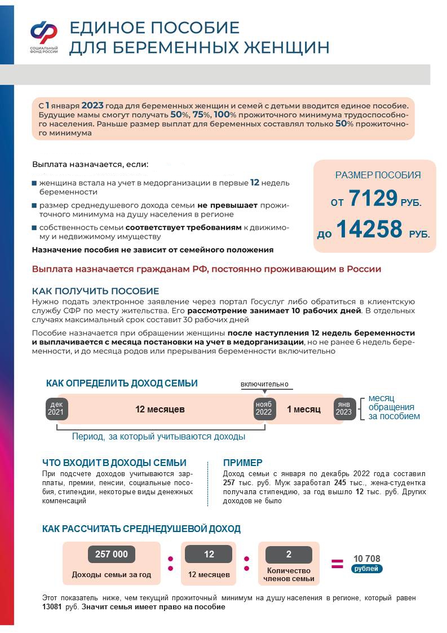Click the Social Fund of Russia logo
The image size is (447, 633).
[43, 35]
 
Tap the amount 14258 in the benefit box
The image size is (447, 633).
[369, 229]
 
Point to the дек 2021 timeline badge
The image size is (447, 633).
[56, 408]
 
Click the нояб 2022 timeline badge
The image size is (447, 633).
[263, 408]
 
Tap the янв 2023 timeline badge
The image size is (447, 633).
[344, 408]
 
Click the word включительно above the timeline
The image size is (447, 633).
[264, 384]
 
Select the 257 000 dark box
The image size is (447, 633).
[112, 555]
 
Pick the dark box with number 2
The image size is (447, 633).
[289, 555]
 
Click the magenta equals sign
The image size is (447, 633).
[337, 563]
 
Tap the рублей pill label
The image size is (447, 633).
[366, 569]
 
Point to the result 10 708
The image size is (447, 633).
[366, 559]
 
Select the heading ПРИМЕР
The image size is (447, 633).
[242, 463]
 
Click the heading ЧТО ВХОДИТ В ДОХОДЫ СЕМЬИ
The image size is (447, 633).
[114, 463]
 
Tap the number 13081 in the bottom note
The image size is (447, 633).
[52, 607]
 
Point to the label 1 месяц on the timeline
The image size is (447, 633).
[304, 409]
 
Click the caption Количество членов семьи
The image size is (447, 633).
[289, 575]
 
